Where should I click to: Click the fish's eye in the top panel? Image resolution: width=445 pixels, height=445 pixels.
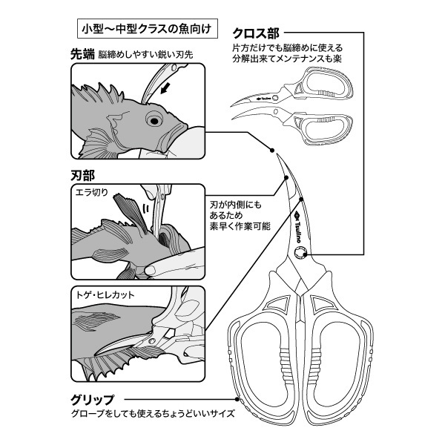point(154,118)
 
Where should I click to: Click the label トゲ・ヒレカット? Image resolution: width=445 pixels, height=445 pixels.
point(105,294)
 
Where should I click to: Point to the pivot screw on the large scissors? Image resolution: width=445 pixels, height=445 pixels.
point(300,254)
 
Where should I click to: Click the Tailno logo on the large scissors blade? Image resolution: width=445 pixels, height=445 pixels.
point(305,222)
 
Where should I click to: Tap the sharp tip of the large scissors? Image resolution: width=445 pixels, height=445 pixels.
point(275,151)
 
